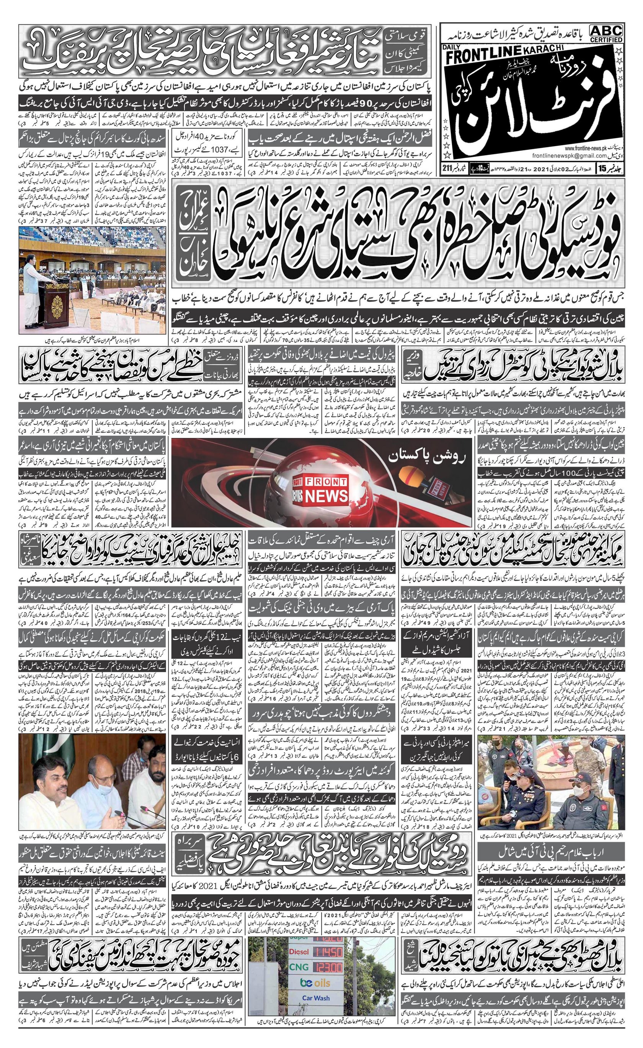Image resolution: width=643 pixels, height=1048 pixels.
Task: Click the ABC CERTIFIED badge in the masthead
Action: click(x=605, y=33)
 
